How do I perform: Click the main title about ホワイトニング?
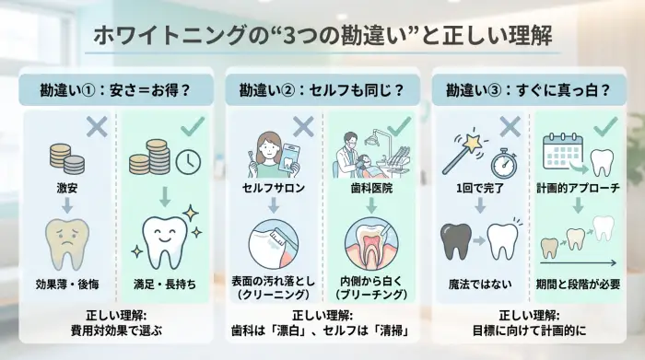[x=322, y=36]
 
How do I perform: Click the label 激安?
[x=66, y=188]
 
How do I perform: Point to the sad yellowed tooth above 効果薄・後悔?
[x=67, y=241]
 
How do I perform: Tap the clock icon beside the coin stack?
[x=188, y=162]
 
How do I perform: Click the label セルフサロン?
[x=271, y=188]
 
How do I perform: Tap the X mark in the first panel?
[x=97, y=127]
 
